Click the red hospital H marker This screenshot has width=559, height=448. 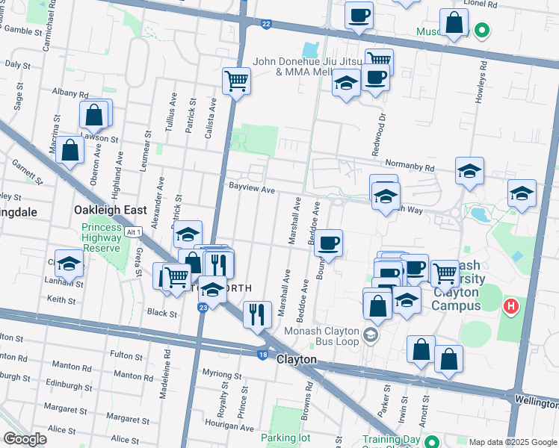coord(511,305)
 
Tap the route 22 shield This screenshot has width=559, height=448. coord(266,25)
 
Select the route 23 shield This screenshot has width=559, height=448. coord(203,307)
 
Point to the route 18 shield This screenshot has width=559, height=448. coord(263,355)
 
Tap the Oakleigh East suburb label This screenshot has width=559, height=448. coord(110,211)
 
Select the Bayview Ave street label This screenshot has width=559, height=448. coord(251,190)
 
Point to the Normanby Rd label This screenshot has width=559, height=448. coord(409,166)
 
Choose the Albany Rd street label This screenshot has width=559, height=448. coord(70,93)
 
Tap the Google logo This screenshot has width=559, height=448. coord(25,439)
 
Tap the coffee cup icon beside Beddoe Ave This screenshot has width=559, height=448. coord(329,242)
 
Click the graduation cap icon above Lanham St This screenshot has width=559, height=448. coord(69,264)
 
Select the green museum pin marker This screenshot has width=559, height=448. coord(483,31)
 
